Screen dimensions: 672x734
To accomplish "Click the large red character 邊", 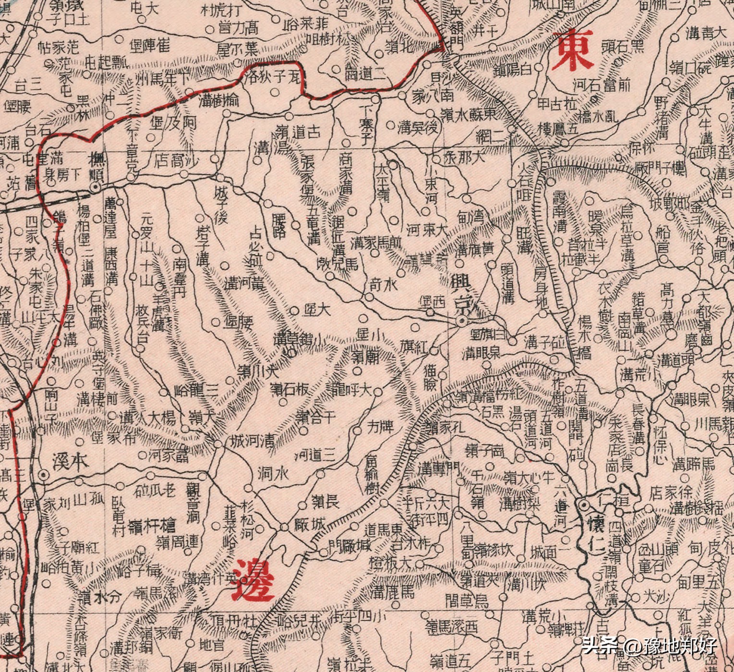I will (253, 579).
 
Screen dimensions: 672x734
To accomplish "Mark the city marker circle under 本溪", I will (44, 475).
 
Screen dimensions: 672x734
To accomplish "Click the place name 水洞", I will (273, 474).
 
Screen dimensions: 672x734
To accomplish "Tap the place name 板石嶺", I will (289, 390).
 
